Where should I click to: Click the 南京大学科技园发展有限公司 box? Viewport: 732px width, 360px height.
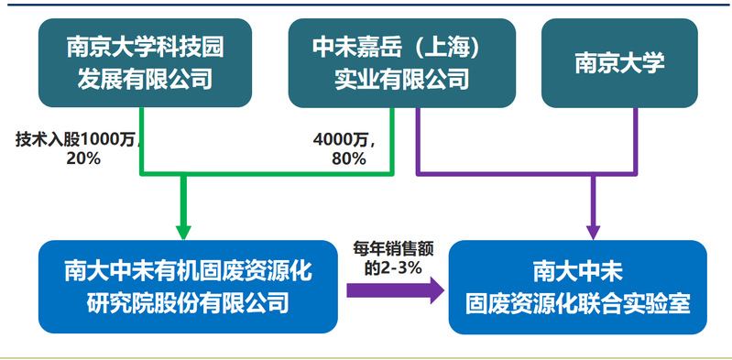145,62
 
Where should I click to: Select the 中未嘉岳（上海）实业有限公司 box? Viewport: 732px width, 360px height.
402,62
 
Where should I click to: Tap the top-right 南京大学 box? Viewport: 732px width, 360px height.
619,62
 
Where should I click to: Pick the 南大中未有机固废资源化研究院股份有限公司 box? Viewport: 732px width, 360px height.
188,286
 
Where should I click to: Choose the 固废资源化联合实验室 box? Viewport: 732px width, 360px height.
577,287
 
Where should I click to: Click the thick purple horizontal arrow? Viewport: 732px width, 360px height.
395,290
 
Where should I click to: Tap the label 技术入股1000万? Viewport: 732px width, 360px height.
76,139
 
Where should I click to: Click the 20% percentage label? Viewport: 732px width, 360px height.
83,158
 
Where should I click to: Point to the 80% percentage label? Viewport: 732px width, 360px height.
349,158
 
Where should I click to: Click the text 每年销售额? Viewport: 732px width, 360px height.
393,250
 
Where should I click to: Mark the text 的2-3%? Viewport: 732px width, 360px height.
393,269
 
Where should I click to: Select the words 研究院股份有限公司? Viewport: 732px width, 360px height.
188,303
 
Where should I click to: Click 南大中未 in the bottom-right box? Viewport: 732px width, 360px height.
577,272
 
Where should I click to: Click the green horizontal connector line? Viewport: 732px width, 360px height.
267,175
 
